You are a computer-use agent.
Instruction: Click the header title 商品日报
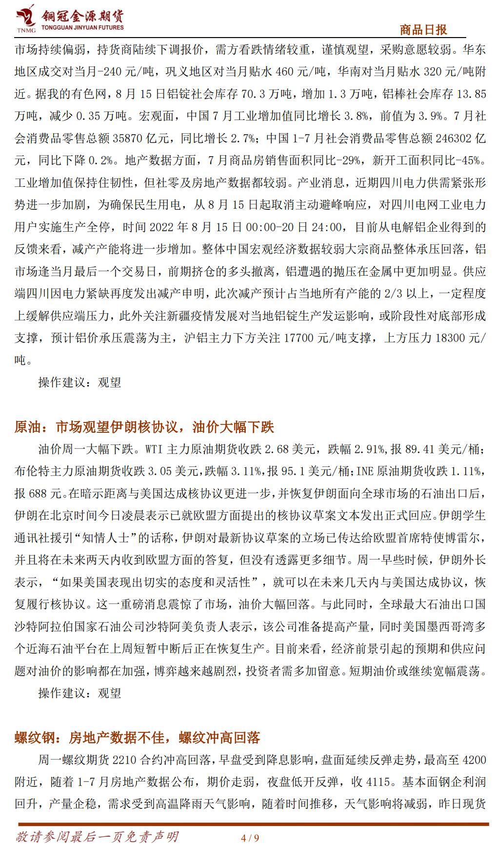(x=423, y=30)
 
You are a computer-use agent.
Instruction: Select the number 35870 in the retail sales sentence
(x=128, y=139)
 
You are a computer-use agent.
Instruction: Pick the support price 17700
(x=298, y=338)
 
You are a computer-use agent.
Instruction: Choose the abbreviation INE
(x=365, y=471)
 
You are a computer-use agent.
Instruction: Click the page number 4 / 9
(x=250, y=838)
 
